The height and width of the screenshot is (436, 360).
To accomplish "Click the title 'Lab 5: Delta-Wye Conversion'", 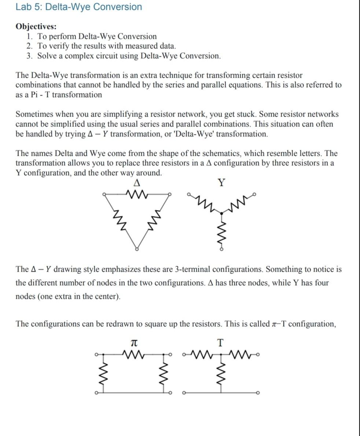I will (78, 7).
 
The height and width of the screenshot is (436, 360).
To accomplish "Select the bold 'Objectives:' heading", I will (36, 26).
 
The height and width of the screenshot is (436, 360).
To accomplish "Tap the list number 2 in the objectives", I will (30, 46).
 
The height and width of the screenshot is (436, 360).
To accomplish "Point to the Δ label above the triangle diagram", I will (137, 182).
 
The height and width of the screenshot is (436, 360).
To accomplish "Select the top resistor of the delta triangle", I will (137, 193).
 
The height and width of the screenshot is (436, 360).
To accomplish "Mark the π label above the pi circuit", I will (134, 343).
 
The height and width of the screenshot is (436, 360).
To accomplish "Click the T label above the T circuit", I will (220, 343).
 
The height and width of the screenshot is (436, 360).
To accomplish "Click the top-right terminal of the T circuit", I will (258, 354).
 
